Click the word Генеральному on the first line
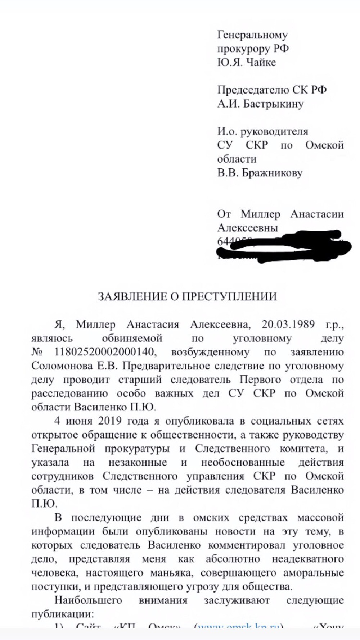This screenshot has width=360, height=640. [252, 35]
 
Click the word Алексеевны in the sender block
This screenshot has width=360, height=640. [248, 228]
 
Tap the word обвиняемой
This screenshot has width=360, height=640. [132, 339]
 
